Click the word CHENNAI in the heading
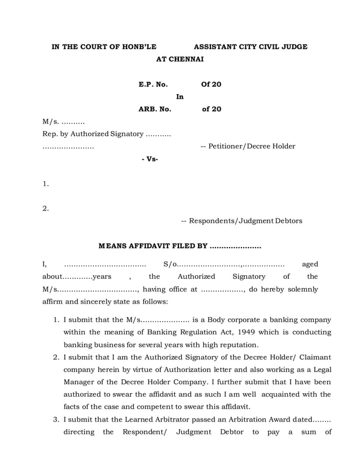click(x=188, y=59)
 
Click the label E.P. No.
click(x=153, y=85)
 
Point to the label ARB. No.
click(x=155, y=109)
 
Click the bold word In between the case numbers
click(x=180, y=97)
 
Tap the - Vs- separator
click(x=150, y=159)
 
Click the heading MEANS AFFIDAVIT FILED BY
click(x=153, y=246)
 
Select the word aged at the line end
click(x=310, y=264)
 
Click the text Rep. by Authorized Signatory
click(x=93, y=134)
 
